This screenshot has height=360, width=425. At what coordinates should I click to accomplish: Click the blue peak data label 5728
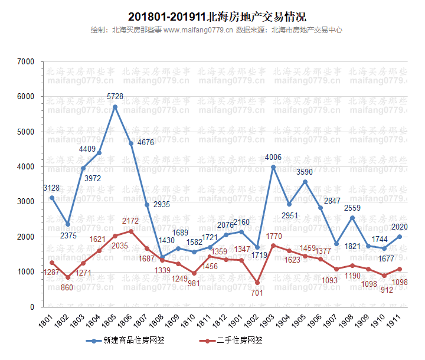pyautogui.click(x=115, y=96)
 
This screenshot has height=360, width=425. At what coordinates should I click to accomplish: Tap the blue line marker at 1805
pyautogui.click(x=115, y=107)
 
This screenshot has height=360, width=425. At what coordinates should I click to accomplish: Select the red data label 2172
pyautogui.click(x=130, y=221)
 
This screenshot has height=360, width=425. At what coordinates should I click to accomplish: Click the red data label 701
pyautogui.click(x=256, y=293)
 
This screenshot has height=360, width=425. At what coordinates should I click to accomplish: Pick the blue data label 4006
pyautogui.click(x=273, y=157)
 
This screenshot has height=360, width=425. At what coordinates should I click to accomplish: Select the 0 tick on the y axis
pyautogui.click(x=32, y=307)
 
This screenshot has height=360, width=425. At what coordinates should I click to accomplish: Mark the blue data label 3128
pyautogui.click(x=51, y=188)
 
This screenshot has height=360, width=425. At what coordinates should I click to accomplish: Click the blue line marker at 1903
pyautogui.click(x=273, y=167)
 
